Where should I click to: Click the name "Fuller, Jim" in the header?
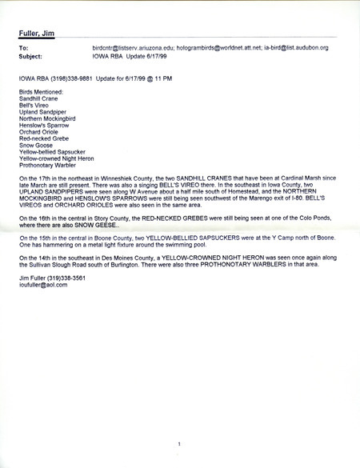pos(37,33)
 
